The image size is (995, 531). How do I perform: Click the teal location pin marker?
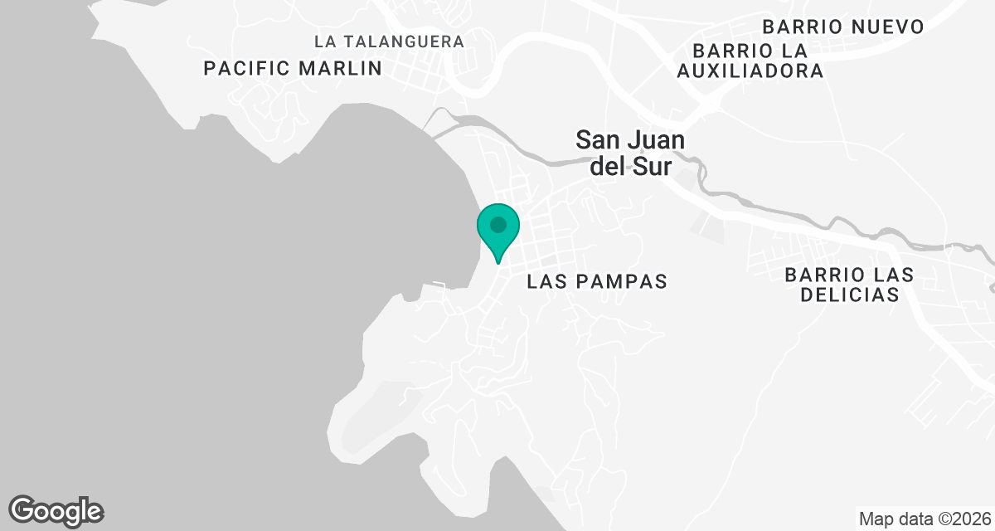tap(498, 231)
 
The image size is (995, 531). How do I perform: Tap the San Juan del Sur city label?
tap(631, 153)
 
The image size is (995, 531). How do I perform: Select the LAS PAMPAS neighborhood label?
tap(597, 282)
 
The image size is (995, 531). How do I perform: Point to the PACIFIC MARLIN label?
tap(293, 68)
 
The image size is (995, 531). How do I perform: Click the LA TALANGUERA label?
tap(390, 41)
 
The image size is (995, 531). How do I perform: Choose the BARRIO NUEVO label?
tap(844, 27)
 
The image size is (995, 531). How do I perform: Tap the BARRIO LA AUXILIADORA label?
tap(750, 61)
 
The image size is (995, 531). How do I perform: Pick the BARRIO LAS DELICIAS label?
tap(849, 285)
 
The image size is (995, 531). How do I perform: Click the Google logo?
tap(56, 510)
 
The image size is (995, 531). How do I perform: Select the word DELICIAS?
tap(849, 295)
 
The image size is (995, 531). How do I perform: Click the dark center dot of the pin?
tap(498, 224)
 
